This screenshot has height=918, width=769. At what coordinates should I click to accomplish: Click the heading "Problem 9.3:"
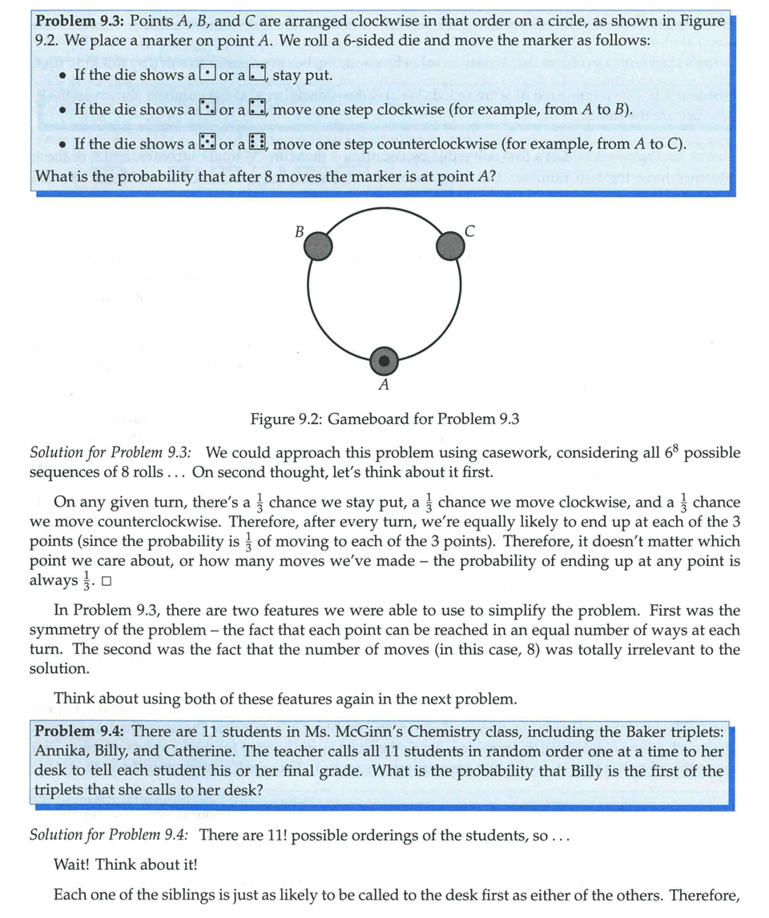point(83,21)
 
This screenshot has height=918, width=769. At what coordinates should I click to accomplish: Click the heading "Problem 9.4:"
point(82,731)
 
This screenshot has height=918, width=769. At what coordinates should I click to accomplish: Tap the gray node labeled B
point(318,245)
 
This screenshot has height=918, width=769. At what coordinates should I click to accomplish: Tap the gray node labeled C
point(450,245)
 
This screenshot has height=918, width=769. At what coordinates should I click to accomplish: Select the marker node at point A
point(384,361)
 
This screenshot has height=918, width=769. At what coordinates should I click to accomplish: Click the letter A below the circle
point(384,386)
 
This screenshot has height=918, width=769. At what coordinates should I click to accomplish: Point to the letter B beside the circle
point(299,232)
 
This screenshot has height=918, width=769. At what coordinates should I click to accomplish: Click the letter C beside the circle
point(469,232)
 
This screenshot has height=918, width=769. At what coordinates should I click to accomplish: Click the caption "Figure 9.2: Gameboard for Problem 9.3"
point(384,419)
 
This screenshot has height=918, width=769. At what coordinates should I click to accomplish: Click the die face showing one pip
point(207,74)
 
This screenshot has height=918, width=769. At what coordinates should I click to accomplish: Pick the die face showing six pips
point(258,144)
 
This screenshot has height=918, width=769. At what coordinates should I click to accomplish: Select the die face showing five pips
point(207,144)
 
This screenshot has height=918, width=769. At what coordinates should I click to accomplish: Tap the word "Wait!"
point(71,864)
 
